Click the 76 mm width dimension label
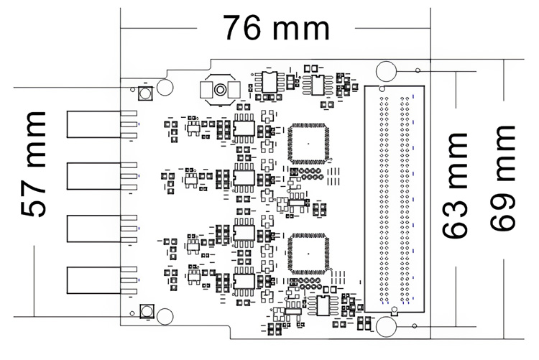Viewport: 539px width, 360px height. click(276, 28)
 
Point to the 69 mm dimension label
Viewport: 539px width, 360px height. click(502, 177)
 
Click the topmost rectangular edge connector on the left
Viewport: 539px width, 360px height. click(86, 124)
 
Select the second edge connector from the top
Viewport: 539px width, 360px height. click(86, 176)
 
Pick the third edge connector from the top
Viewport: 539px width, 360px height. click(86, 228)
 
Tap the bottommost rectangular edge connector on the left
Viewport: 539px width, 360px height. click(86, 280)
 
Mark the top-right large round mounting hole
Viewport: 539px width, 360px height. click(386, 71)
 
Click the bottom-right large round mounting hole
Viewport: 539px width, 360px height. click(386, 327)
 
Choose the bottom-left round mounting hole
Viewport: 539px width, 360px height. click(165, 316)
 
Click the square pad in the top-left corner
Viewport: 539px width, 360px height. click(144, 95)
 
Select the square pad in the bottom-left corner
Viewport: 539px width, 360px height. click(144, 310)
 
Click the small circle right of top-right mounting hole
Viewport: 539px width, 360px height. click(417, 70)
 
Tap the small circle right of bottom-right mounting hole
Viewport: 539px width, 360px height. click(417, 327)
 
